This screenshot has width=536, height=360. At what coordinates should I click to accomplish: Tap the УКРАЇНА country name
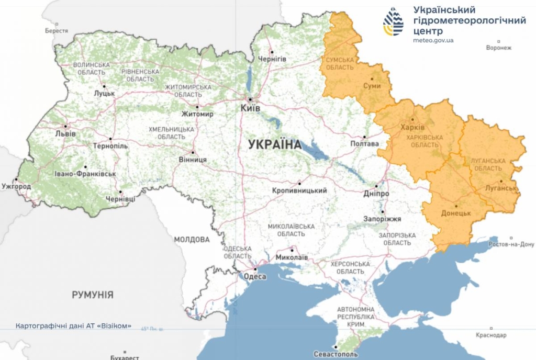tap(275, 144)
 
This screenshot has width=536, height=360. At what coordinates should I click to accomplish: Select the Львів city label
tap(65, 133)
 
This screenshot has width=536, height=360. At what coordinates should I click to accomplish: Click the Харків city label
tap(412, 127)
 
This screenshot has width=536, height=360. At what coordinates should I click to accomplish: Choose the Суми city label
tap(372, 86)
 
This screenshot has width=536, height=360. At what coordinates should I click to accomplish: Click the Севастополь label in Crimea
tap(336, 354)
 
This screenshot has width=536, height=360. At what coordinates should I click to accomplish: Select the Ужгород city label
tap(16, 186)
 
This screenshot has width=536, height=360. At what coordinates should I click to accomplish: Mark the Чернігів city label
tap(271, 59)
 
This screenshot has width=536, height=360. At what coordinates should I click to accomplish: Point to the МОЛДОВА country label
tap(192, 240)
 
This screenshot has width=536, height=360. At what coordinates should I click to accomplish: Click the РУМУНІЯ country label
tap(93, 295)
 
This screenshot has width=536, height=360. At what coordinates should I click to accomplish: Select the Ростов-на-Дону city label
tap(511, 244)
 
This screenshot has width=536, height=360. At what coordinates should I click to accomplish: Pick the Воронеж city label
tap(498, 48)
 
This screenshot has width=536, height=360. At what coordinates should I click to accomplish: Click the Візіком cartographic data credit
tap(74, 325)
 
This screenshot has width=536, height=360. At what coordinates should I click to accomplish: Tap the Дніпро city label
tap(376, 193)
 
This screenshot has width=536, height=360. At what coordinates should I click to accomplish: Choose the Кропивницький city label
tap(299, 191)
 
